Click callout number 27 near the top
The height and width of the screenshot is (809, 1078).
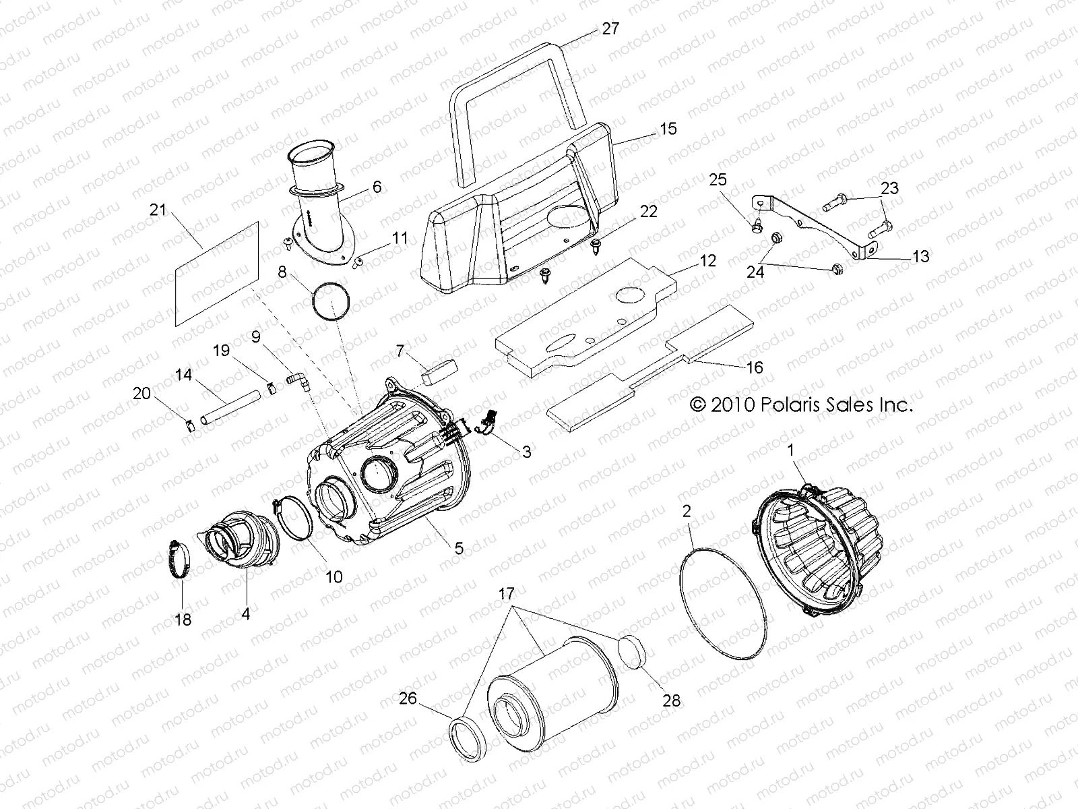[x=610, y=29]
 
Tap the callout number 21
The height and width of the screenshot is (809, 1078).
[x=158, y=210]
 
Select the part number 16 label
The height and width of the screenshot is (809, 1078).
[x=755, y=367]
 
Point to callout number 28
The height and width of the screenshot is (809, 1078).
[x=671, y=701]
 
